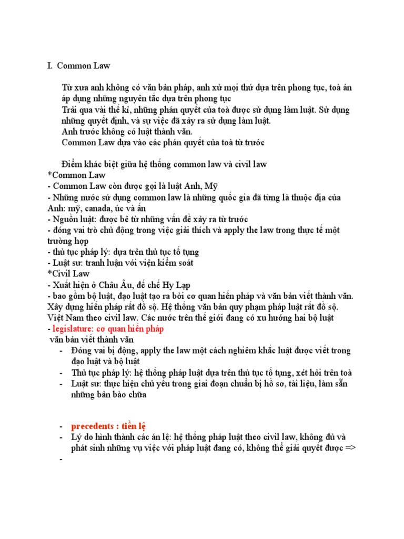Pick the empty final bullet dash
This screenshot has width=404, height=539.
62,459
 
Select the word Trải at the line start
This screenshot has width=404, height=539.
70,109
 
